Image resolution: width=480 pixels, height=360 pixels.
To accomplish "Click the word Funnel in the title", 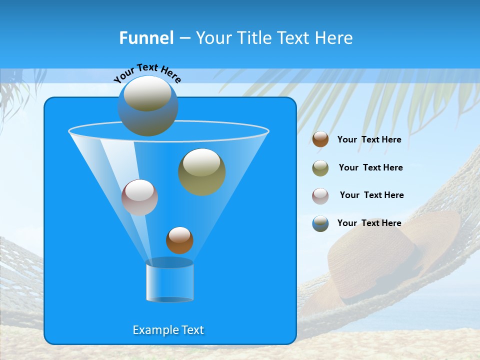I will pos(146,38).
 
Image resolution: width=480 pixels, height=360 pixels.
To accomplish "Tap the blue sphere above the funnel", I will pos(148,106).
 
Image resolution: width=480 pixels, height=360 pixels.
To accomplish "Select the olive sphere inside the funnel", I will pos(202,171).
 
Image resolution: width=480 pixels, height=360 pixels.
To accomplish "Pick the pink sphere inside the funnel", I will pos(139,197).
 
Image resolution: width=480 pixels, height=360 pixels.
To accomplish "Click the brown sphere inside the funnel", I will pos(179,240).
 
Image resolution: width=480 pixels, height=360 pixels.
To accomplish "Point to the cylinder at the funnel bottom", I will pos(169,281).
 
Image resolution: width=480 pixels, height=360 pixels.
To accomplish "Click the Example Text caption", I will pos(168,330).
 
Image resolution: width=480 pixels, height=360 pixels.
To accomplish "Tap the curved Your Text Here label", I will pos(147,73).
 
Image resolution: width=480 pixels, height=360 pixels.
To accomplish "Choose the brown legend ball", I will pos(320,139).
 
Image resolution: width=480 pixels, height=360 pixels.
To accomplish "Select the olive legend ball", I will pos(320,168).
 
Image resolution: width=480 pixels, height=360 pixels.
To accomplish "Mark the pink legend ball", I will pos(320,195).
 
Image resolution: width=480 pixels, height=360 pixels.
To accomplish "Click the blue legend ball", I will pos(320,223).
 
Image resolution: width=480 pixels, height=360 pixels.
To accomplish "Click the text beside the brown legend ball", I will pos(369,139).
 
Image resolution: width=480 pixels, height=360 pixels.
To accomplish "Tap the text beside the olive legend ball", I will pos(370,167).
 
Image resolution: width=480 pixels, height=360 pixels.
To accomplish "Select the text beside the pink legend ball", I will pos(371,195).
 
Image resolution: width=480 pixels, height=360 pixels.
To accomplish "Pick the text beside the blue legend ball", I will pos(369,223).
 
